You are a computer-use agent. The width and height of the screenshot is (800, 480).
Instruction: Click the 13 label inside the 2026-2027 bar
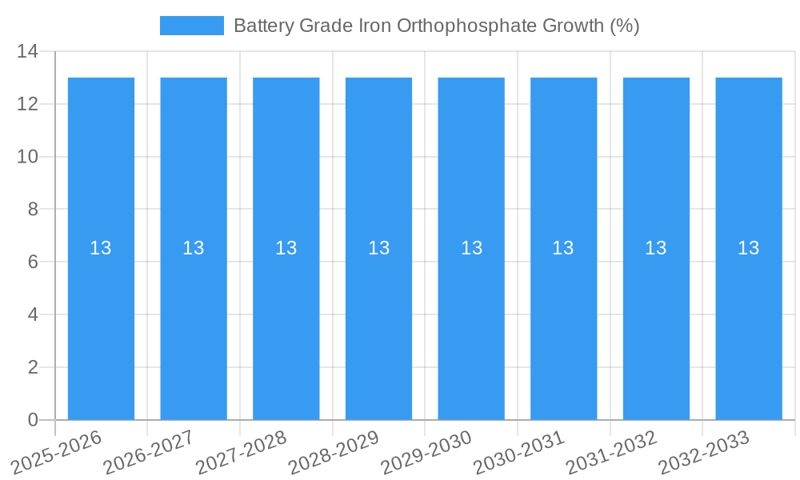[194, 248]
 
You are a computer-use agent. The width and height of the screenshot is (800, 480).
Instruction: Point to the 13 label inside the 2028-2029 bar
[379, 248]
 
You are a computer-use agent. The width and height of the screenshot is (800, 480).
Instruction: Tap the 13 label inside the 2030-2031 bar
[563, 248]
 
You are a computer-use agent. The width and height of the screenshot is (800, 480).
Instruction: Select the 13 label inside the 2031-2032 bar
[656, 248]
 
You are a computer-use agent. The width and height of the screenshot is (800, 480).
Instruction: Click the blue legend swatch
[192, 26]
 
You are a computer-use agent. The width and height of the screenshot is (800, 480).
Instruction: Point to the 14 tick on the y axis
[27, 52]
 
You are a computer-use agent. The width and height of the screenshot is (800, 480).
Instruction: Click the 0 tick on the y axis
[33, 420]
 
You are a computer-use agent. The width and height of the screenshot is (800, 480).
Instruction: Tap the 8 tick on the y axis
[33, 210]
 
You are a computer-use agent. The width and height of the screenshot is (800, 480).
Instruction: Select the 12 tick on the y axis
[27, 104]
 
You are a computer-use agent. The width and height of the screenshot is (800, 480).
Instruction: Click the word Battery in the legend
[263, 26]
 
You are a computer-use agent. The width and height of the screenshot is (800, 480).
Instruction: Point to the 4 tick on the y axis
[33, 314]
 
